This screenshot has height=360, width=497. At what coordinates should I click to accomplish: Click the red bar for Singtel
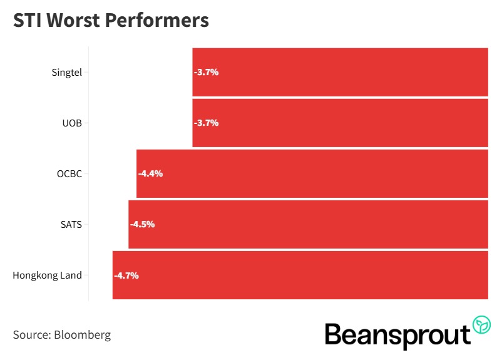pos(340,72)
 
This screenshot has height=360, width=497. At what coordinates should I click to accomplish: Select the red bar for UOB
pos(340,123)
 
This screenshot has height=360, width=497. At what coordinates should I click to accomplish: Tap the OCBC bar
pos(312,173)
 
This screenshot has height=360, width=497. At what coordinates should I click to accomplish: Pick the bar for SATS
pos(308,224)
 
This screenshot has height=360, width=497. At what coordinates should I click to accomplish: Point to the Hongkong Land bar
pos(300,275)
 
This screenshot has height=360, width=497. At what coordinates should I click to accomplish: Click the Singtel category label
pos(66,72)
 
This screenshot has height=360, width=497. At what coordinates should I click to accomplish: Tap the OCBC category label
pos(69,173)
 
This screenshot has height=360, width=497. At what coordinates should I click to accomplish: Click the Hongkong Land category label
pos(47,275)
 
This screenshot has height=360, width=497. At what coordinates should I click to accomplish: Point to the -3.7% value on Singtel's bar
pos(206,72)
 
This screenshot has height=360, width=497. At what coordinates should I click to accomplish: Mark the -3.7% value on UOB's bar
pos(206,123)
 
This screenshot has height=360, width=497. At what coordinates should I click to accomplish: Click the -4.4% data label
pos(150,173)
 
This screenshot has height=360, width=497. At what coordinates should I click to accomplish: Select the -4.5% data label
pos(142,224)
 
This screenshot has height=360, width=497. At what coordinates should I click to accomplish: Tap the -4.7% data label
pos(126,275)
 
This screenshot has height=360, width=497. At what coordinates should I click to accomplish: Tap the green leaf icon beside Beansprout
pos(482,325)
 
